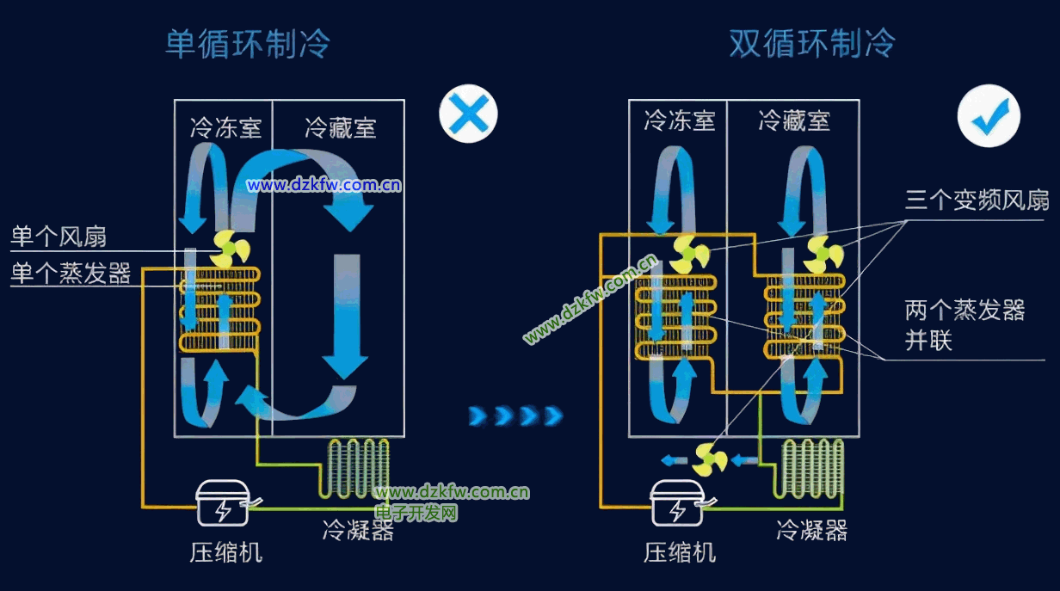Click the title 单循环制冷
coord(248,44)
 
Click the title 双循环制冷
coord(812,44)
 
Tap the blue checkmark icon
coord(989,116)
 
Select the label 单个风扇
coord(59,237)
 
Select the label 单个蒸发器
coord(71,274)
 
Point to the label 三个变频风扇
coord(977,200)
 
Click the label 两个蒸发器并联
coord(964,324)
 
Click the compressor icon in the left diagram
coord(222,504)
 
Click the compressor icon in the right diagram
coord(677,504)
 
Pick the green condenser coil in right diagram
coord(811,468)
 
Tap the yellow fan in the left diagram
coord(230,249)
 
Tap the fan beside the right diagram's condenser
coord(710,459)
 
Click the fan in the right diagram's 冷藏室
coord(823,254)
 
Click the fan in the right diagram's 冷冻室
coord(689,254)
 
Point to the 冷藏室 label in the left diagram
coord(341,129)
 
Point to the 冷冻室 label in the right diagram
coord(680,120)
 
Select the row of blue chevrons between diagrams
coord(515,416)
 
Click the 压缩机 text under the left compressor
coord(225,551)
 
